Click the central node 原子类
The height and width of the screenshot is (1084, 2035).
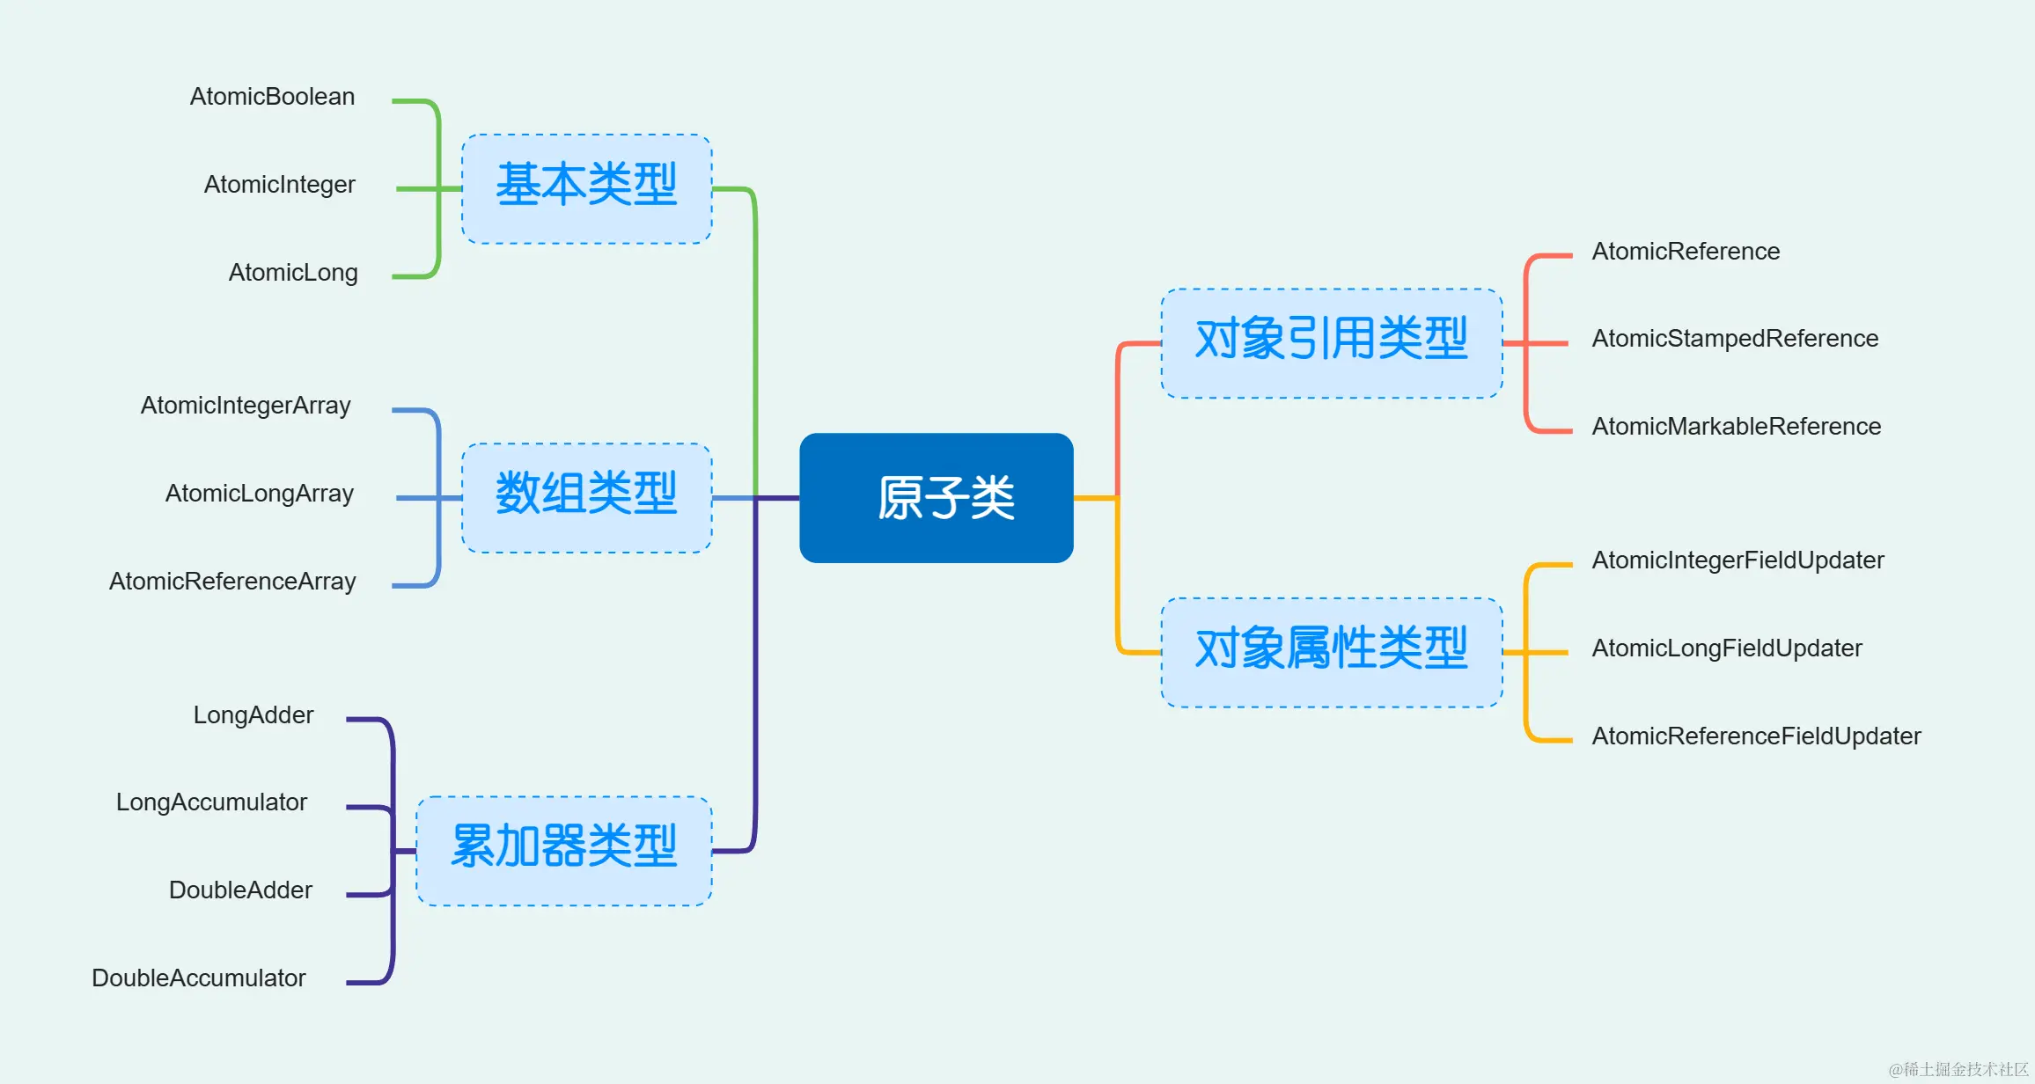tap(937, 498)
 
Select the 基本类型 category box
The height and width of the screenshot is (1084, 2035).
tap(587, 188)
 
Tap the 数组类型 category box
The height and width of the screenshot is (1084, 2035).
tap(587, 497)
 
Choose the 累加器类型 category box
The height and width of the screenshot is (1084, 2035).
tap(564, 851)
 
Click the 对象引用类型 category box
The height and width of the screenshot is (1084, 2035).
tap(1331, 343)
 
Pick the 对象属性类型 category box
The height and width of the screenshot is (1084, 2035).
tap(1331, 652)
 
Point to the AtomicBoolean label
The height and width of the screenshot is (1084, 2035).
tap(272, 97)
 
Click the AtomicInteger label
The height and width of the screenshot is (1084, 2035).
tap(279, 185)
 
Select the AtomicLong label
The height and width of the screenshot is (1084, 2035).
tap(293, 273)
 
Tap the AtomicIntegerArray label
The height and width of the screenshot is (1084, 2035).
tap(246, 406)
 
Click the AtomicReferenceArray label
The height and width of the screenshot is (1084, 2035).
tap(232, 582)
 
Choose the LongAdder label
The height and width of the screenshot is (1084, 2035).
tap(253, 715)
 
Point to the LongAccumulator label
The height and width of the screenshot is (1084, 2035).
tap(211, 802)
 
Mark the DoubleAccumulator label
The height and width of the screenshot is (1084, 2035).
tap(199, 978)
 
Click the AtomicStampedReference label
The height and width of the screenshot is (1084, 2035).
tap(1735, 339)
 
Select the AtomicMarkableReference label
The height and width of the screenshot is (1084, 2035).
tap(1736, 427)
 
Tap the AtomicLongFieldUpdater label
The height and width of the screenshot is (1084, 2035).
tap(1727, 648)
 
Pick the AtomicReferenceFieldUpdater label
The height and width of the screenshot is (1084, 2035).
tap(1756, 736)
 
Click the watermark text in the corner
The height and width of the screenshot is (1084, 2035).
tap(1958, 1069)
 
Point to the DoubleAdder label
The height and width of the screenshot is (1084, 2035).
tap(240, 890)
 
